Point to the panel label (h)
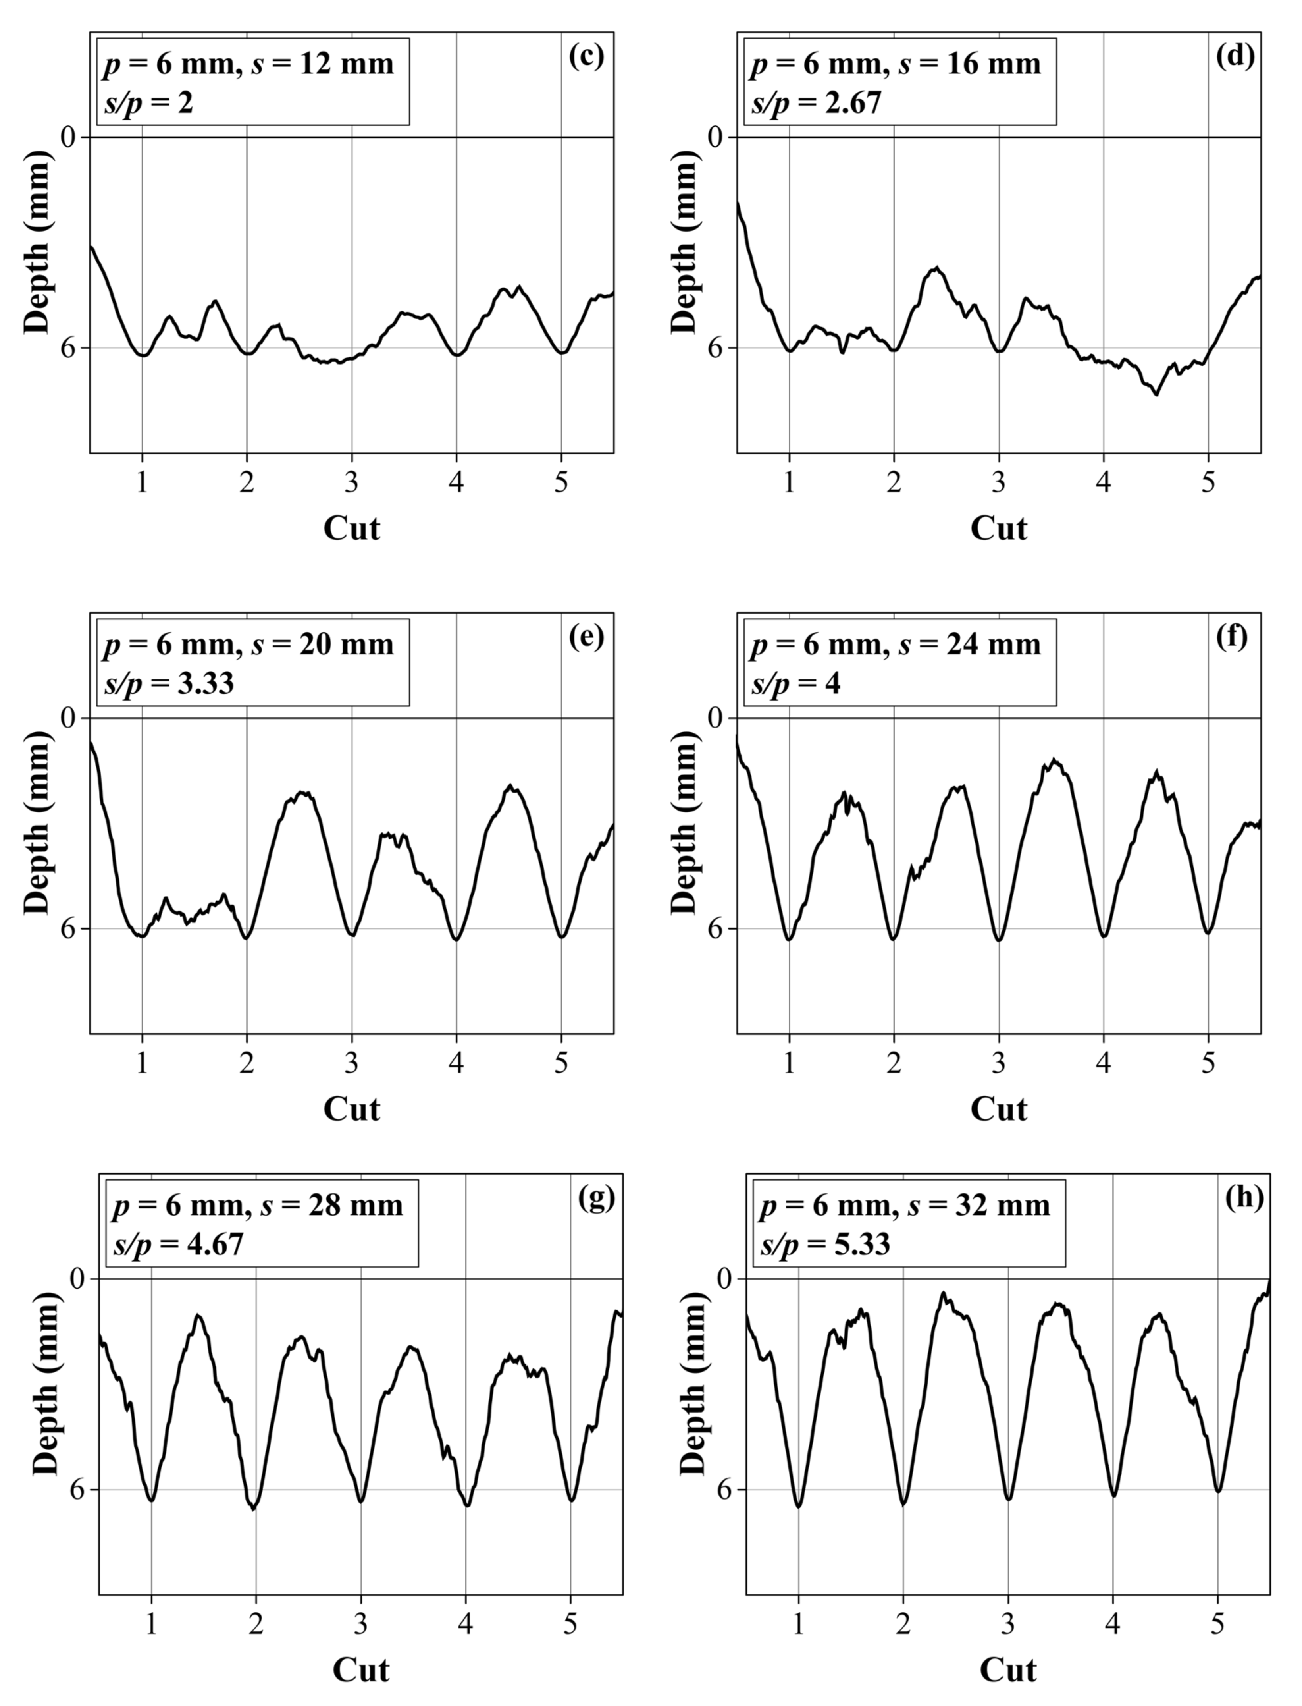point(1245,1198)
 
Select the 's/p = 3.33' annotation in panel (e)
point(169,684)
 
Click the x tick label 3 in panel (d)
point(999,482)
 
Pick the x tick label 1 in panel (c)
point(142,482)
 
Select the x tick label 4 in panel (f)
point(1104,1063)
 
